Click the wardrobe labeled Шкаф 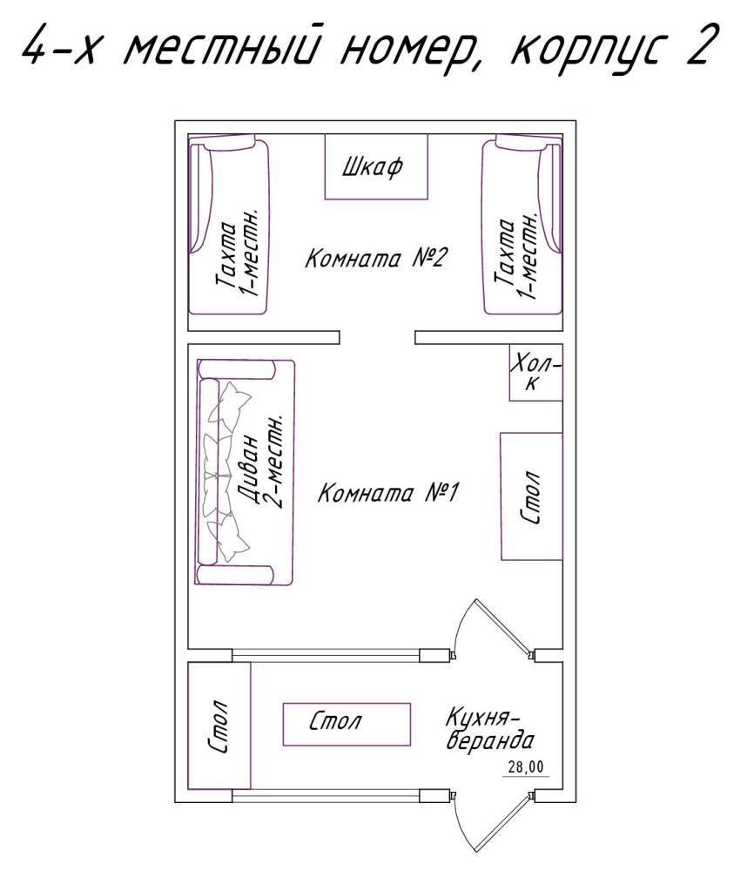[376, 166]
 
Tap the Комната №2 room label [375, 259]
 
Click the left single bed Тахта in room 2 [229, 225]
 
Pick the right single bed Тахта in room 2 [522, 225]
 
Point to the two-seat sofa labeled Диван [245, 472]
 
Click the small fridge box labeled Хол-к [535, 373]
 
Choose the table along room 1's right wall [531, 496]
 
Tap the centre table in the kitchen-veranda [347, 724]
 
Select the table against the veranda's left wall [220, 726]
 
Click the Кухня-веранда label [489, 728]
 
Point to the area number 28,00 [526, 767]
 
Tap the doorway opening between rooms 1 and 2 [378, 337]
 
